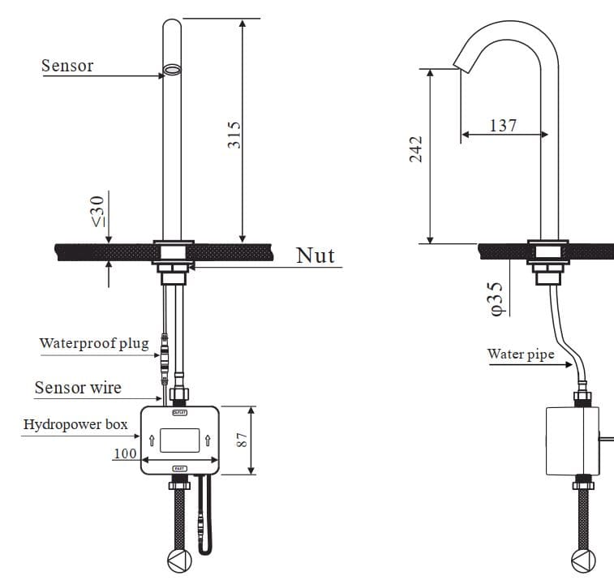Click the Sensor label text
click(67, 66)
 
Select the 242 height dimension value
click(416, 148)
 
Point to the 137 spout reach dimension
click(503, 125)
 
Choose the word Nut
click(315, 256)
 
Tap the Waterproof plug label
click(94, 343)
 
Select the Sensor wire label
click(78, 388)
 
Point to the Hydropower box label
click(75, 424)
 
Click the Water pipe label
click(521, 354)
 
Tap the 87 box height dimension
click(242, 440)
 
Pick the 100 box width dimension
click(124, 453)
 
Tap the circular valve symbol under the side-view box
click(582, 561)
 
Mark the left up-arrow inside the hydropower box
click(150, 440)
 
